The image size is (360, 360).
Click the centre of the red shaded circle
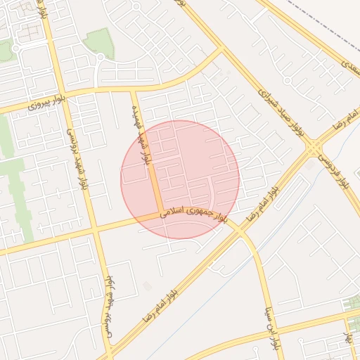[180, 179]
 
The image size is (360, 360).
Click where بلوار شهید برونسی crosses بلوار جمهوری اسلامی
[95, 229]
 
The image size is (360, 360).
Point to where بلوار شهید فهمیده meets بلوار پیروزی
[134, 90]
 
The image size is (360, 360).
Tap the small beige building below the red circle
[146, 285]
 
